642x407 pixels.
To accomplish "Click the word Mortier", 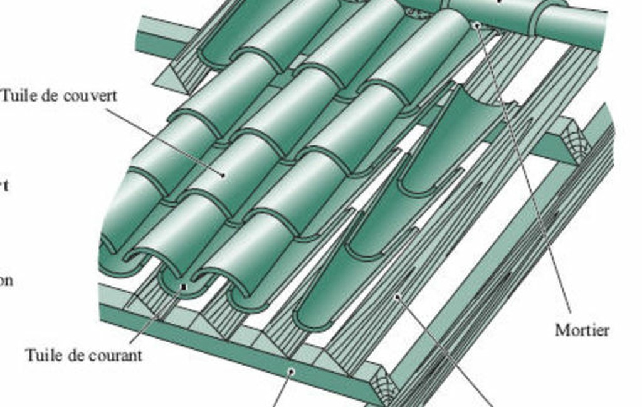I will coord(582,330).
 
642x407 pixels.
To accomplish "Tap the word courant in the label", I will coord(113,355).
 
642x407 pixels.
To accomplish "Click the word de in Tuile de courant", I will coord(72,355).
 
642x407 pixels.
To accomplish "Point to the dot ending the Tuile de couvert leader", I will coord(223,175).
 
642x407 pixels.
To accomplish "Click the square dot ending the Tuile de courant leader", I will coord(183,287).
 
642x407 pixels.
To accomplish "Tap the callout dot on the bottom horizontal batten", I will coord(291,372).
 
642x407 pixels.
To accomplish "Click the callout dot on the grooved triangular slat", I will coord(397,297).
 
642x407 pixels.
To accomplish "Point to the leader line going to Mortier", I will coord(527,176).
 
